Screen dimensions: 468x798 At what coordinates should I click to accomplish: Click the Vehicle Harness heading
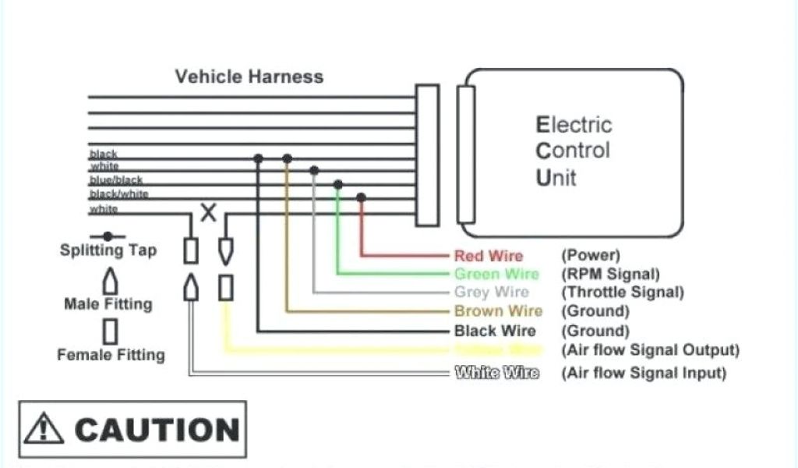249,76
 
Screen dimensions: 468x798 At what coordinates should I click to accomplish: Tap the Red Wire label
489,256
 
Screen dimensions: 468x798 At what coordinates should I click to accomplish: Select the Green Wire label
496,275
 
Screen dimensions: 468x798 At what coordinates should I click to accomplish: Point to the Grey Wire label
491,292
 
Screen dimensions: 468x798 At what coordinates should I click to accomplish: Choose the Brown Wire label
498,312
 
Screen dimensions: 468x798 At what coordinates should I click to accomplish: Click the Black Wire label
495,331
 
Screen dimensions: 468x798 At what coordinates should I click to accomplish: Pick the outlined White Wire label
496,373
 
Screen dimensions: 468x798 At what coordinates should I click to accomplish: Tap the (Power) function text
590,256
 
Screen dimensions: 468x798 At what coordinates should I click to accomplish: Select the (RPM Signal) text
610,275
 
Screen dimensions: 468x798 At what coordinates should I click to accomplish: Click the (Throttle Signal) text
623,292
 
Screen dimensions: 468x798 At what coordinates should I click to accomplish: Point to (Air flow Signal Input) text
644,373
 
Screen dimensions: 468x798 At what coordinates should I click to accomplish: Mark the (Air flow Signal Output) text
650,350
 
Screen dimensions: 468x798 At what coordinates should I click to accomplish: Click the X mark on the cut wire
208,213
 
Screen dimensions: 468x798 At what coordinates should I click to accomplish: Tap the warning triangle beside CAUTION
44,430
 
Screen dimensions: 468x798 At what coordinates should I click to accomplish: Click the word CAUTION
157,430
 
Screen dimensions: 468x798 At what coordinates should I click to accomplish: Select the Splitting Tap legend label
108,250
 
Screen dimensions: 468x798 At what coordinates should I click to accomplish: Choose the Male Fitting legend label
108,304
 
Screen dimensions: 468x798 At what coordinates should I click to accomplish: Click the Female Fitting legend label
111,355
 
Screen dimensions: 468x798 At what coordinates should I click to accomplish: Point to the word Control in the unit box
573,151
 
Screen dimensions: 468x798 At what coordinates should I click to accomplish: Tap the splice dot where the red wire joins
361,197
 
